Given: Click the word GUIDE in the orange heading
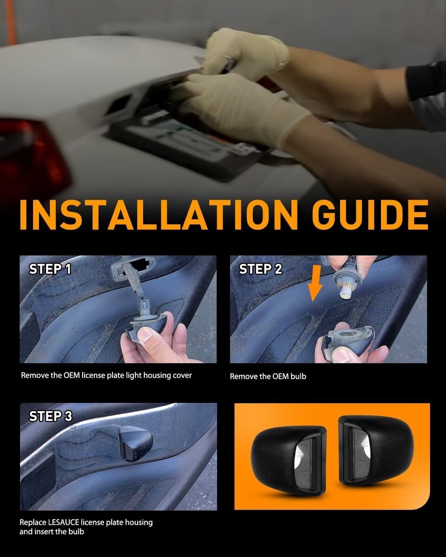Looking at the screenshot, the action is point(370,214).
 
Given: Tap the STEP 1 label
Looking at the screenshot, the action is point(50,269).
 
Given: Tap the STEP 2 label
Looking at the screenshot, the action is point(261,269).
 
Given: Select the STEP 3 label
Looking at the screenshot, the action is point(51,416).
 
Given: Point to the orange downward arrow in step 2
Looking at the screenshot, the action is point(315,283).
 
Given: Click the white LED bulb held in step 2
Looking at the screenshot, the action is point(345,292).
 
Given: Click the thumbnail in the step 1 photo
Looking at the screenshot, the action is point(145,336).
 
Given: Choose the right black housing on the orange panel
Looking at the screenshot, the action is point(375,450).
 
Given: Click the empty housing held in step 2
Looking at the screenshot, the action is point(348,339).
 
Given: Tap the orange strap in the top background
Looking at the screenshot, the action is point(11,22).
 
